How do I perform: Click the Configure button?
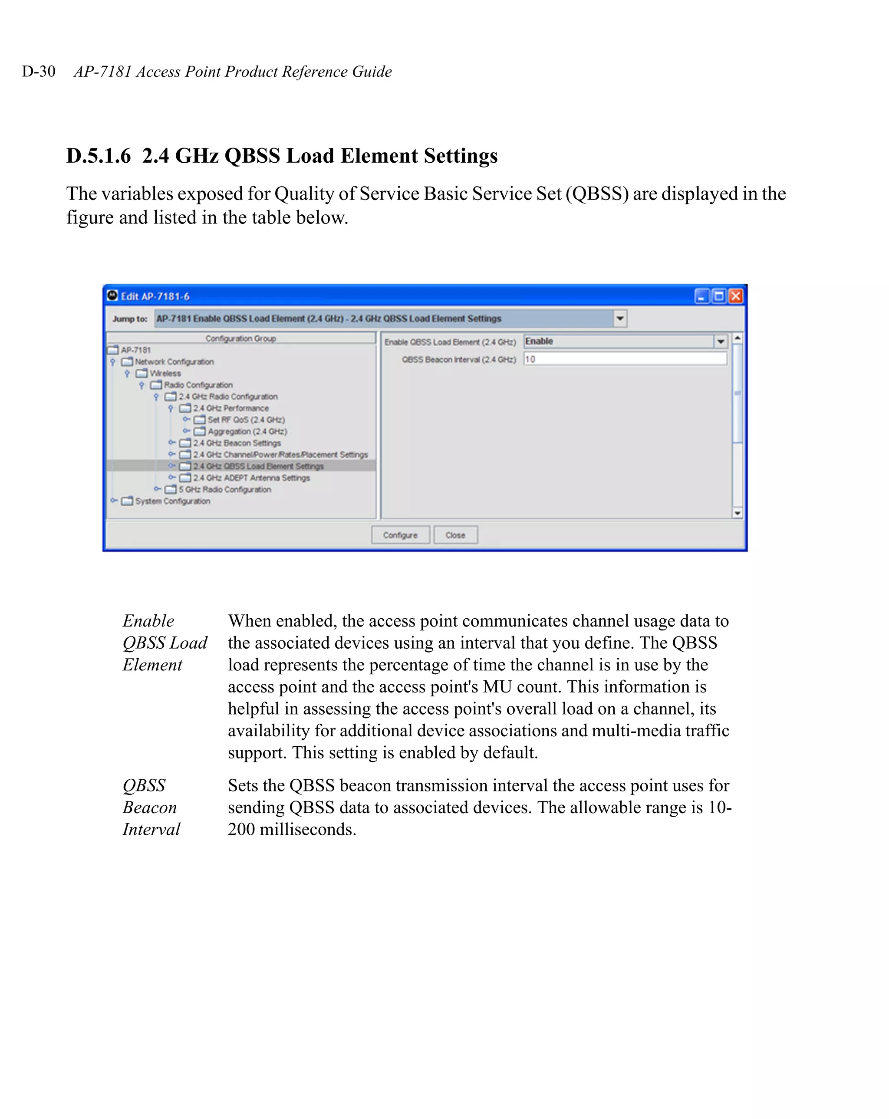(x=400, y=535)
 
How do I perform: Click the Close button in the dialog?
(x=455, y=535)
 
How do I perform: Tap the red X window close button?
(x=735, y=296)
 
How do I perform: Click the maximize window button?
(x=719, y=296)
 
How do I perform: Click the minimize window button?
(x=701, y=296)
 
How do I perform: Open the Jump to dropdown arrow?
(x=619, y=318)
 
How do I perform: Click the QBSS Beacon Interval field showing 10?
(x=625, y=359)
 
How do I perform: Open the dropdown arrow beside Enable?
(x=720, y=341)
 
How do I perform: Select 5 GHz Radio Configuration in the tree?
(x=224, y=489)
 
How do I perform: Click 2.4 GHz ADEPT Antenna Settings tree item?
(x=251, y=478)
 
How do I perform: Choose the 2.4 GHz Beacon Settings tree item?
(x=237, y=443)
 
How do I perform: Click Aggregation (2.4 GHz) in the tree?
(x=247, y=431)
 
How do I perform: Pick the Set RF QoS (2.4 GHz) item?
(x=246, y=420)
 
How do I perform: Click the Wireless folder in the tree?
(x=165, y=373)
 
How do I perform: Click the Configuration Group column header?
(x=240, y=338)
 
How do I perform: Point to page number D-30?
(x=39, y=71)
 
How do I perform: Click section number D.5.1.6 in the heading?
(x=99, y=156)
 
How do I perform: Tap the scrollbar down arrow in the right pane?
(x=737, y=513)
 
